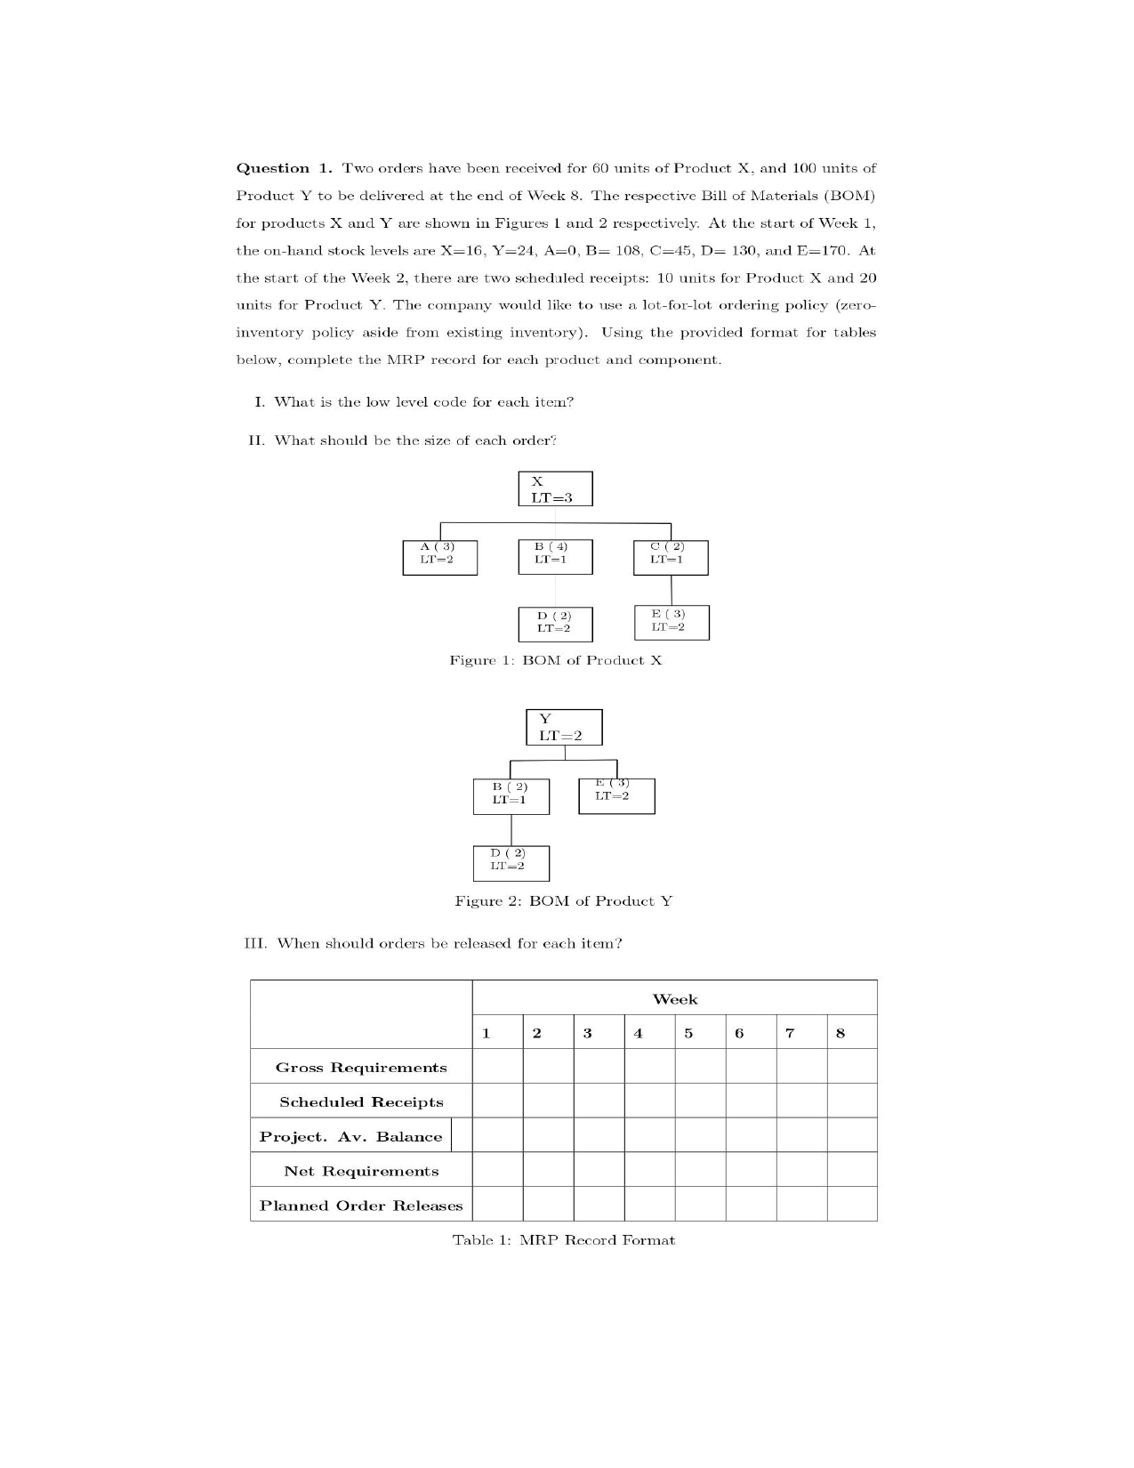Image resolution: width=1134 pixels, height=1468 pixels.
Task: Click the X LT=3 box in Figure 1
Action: click(555, 489)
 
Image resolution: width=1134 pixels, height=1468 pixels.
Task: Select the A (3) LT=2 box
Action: click(439, 558)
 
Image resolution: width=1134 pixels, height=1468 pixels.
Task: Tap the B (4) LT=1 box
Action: click(555, 557)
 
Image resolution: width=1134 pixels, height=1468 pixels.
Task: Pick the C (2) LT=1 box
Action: click(672, 558)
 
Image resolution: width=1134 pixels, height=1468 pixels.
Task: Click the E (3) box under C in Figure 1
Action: click(672, 622)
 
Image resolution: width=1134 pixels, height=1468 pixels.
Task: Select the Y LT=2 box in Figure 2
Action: click(564, 727)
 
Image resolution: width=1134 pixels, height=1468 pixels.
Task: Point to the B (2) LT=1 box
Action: click(511, 796)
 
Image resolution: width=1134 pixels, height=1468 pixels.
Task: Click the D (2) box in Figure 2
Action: click(511, 863)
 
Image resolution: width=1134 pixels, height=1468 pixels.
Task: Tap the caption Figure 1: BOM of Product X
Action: click(556, 660)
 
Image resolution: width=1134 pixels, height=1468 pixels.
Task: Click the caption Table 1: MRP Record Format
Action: click(563, 1240)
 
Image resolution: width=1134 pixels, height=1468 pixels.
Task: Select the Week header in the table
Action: click(675, 999)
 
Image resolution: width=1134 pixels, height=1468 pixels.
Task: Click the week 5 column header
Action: click(688, 1033)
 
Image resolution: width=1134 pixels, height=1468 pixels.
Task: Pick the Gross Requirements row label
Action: click(361, 1068)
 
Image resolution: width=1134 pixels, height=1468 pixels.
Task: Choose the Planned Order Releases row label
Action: click(361, 1206)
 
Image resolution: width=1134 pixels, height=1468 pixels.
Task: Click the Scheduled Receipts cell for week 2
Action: click(548, 1101)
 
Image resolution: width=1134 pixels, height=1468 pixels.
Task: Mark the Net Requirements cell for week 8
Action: click(851, 1171)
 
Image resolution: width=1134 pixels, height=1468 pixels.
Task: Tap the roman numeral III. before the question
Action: click(256, 943)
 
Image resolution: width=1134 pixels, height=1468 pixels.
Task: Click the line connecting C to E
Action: click(672, 590)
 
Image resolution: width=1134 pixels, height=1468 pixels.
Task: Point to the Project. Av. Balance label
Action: click(350, 1137)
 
